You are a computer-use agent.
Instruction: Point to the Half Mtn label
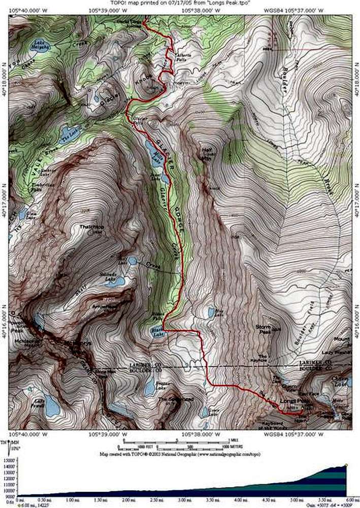(x=206, y=153)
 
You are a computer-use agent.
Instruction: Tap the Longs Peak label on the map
(x=291, y=402)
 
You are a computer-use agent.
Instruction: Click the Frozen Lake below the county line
(x=149, y=387)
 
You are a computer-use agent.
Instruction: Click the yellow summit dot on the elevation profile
(x=346, y=464)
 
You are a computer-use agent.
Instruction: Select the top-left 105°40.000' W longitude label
(x=25, y=9)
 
